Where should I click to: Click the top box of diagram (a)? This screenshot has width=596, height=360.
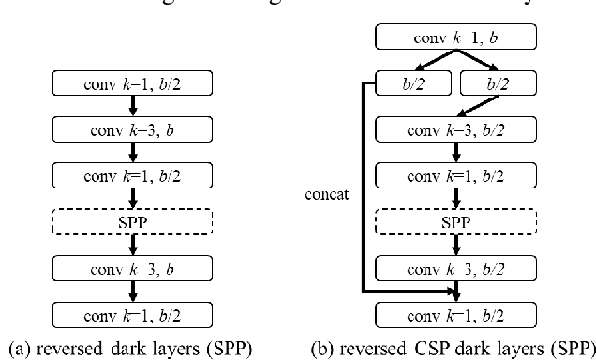coord(136,83)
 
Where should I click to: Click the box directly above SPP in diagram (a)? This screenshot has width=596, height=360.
coord(136,174)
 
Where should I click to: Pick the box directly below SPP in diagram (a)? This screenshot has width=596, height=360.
coord(136,265)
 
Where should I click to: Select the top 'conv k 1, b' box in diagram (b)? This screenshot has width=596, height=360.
coord(454,38)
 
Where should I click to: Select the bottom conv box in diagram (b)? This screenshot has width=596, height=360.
coord(454,310)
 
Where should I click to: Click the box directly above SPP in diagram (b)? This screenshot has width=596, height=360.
coord(454,174)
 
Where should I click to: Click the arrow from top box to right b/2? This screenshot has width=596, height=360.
coord(476,61)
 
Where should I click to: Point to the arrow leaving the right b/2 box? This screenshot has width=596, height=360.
coord(478,106)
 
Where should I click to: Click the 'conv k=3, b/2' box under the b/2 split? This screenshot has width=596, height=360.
coord(454,128)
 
